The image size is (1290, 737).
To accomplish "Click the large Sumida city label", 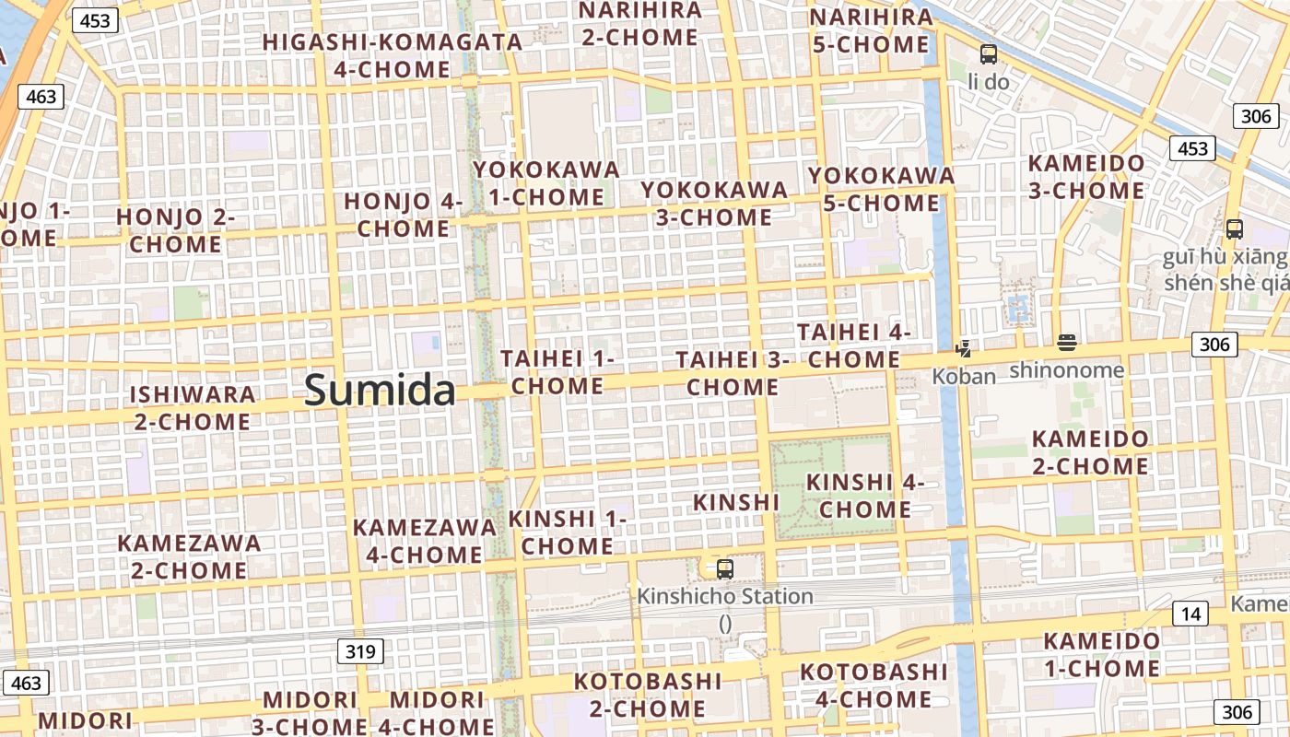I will click(380, 391).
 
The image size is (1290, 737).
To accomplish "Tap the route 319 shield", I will click(360, 652).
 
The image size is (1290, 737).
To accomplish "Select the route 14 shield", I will click(1190, 614).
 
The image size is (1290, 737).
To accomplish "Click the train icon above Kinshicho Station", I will click(725, 569).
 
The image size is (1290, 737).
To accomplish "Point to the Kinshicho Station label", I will click(725, 597).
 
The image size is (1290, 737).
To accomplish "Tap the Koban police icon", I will click(963, 349).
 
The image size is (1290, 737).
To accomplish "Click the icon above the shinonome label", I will click(1067, 344).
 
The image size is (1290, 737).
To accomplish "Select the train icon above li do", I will click(989, 54).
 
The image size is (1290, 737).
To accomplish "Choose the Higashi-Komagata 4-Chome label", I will click(393, 55).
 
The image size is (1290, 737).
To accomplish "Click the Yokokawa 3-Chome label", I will click(714, 204).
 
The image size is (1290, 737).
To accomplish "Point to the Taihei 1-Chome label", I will click(557, 372).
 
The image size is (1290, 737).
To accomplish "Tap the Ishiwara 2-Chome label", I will click(192, 408).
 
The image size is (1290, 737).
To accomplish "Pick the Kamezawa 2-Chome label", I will click(189, 556).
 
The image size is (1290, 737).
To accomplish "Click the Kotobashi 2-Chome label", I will click(648, 695).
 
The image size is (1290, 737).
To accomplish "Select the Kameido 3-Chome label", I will click(1086, 177).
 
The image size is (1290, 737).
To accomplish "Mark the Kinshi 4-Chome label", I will click(865, 496).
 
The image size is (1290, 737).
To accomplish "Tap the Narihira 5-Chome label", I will click(871, 30).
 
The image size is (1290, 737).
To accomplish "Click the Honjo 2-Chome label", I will click(175, 231).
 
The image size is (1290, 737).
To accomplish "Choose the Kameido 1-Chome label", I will click(1102, 654).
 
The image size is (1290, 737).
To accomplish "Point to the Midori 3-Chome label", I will click(310, 713).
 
